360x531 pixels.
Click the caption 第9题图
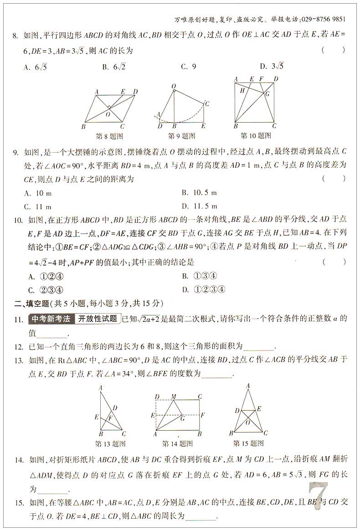tap(181, 136)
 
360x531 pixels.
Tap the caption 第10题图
tap(256, 135)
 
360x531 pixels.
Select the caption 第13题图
tap(110, 443)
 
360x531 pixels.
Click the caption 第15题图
tap(248, 443)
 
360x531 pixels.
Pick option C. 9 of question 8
tap(188, 67)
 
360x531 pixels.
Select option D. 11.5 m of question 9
tap(199, 206)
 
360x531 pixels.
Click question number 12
tap(18, 347)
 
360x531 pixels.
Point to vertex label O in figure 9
tap(174, 86)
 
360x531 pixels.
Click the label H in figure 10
tap(243, 90)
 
